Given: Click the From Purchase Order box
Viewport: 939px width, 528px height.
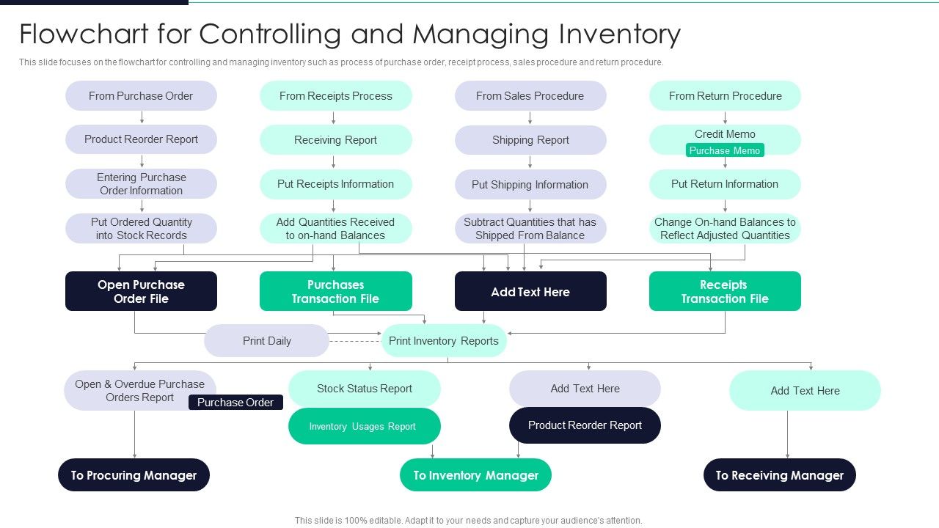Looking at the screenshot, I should pyautogui.click(x=141, y=96).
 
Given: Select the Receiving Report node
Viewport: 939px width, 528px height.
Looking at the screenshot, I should pyautogui.click(x=335, y=140).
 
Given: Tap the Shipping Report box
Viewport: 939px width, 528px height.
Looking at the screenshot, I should pyautogui.click(x=530, y=140).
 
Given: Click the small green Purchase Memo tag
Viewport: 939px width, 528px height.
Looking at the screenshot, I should pyautogui.click(x=725, y=150).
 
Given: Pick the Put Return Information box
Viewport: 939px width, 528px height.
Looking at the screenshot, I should pyautogui.click(x=725, y=184).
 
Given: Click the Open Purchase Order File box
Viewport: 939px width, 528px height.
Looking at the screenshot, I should pyautogui.click(x=141, y=292).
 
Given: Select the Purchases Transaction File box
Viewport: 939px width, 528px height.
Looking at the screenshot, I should pyautogui.click(x=335, y=292).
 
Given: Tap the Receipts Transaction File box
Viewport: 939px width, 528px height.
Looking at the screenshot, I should pyautogui.click(x=725, y=292).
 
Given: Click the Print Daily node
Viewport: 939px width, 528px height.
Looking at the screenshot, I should pyautogui.click(x=267, y=341).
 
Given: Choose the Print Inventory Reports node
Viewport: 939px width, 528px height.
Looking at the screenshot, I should pyautogui.click(x=444, y=341).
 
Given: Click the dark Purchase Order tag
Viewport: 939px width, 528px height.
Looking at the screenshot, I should pyautogui.click(x=235, y=403).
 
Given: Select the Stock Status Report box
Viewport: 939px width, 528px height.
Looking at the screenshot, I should pyautogui.click(x=365, y=389).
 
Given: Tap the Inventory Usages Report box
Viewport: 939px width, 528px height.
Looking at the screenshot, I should pyautogui.click(x=365, y=426).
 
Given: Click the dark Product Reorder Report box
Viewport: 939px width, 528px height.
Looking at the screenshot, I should pyautogui.click(x=585, y=425).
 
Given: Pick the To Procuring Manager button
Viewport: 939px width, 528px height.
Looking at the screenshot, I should pyautogui.click(x=134, y=475).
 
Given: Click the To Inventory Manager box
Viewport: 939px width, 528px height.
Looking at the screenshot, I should pyautogui.click(x=475, y=475).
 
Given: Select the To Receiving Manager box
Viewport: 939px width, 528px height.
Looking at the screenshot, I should pyautogui.click(x=780, y=475).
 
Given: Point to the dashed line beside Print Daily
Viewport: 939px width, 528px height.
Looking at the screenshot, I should pyautogui.click(x=354, y=341).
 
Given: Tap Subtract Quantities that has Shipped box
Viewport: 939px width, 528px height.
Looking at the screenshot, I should pyautogui.click(x=530, y=229).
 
